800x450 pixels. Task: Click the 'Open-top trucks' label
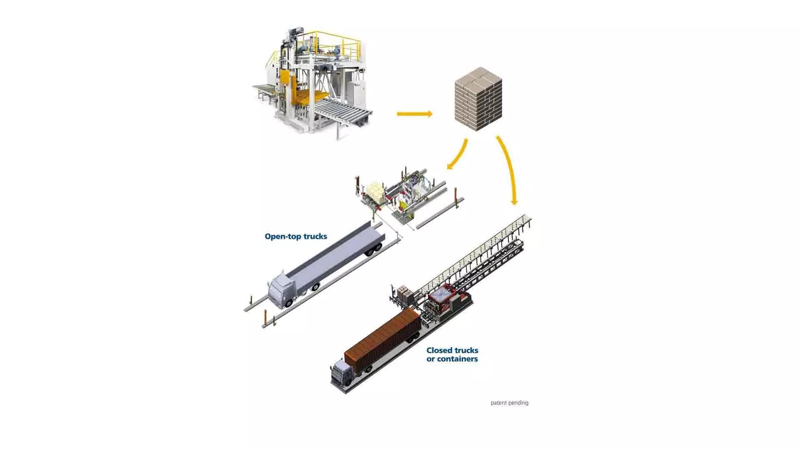click(296, 237)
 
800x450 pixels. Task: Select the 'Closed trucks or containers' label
click(452, 355)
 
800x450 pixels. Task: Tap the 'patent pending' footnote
click(509, 403)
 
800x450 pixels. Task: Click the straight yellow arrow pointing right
click(414, 114)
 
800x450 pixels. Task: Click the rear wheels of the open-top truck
click(373, 250)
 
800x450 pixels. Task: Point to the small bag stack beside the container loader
click(404, 293)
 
